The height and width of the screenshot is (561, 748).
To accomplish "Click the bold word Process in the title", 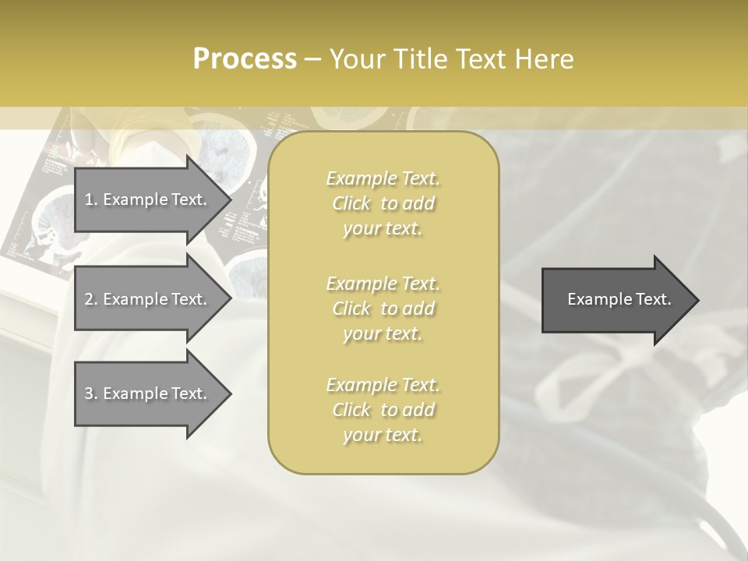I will [x=244, y=58].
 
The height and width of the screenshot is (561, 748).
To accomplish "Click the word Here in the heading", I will [x=544, y=58].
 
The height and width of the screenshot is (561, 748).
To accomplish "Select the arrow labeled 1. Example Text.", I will [x=148, y=199].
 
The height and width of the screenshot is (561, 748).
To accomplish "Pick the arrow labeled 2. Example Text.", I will [x=148, y=299].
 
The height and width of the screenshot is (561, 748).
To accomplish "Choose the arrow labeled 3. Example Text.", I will [x=148, y=393].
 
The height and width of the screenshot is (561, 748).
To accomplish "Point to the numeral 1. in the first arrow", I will [x=90, y=199].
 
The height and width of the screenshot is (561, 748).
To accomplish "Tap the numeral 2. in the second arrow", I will [x=90, y=299].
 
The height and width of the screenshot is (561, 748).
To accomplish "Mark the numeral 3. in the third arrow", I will [x=90, y=393].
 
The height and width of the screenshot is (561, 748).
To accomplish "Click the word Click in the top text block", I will [x=351, y=204].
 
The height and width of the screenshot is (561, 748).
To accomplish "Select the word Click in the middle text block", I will [x=351, y=309].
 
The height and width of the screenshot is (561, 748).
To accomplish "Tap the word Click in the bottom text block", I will [x=351, y=410].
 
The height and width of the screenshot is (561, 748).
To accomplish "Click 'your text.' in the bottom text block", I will [x=383, y=435].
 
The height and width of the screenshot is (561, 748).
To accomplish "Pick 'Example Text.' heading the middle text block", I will [x=383, y=284].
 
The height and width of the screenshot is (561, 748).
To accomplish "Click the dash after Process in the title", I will [x=312, y=59].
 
